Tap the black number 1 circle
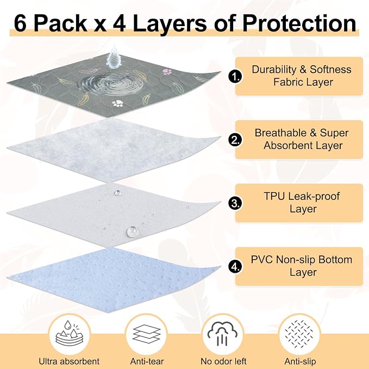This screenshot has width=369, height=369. coord(235,76)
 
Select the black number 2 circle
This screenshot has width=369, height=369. coord(235,140)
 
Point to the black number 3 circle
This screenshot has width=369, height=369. coord(235,203)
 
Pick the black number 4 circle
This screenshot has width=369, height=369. coord(235,266)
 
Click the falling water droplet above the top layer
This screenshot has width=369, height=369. coord(113,57)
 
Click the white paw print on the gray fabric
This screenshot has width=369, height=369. coord(118,103)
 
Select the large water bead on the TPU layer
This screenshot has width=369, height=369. coord(132,232)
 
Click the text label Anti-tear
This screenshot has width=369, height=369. coord(147,361)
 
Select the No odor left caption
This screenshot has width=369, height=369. coord(223,361)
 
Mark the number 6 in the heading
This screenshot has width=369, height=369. coord(20,23)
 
